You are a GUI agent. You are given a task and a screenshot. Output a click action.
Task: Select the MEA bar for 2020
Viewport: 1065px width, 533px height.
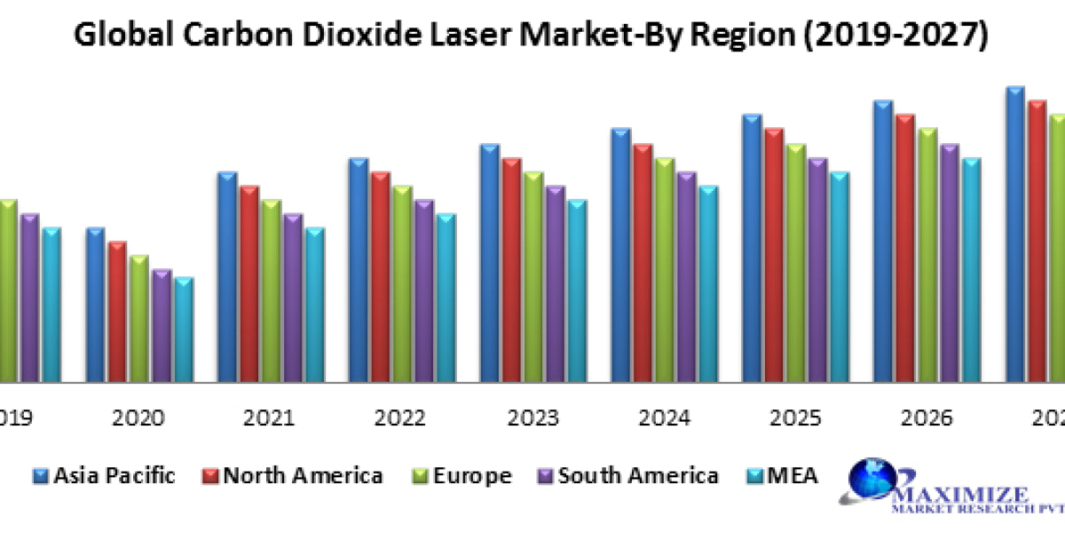click(x=184, y=330)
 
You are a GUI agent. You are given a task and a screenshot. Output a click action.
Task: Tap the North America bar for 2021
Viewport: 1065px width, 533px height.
click(x=249, y=283)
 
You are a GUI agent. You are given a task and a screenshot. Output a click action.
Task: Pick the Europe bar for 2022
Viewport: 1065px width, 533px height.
click(x=402, y=283)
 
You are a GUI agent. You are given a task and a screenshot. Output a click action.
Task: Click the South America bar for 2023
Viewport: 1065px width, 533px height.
click(x=556, y=283)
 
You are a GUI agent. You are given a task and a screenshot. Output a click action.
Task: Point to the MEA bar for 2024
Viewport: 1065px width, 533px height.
click(x=708, y=283)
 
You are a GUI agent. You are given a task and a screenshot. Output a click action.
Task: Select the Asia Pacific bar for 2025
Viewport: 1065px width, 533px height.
click(x=753, y=248)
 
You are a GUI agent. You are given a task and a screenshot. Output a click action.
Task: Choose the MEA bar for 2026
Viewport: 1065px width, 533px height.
click(x=971, y=270)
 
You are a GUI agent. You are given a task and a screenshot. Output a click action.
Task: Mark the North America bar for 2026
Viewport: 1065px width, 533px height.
click(x=905, y=248)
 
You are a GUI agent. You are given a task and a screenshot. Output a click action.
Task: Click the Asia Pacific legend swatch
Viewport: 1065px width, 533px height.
click(x=41, y=477)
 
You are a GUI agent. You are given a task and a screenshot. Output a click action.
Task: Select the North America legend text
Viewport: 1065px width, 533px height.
click(x=304, y=476)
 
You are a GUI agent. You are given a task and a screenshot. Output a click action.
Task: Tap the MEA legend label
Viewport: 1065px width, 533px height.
click(x=792, y=476)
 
